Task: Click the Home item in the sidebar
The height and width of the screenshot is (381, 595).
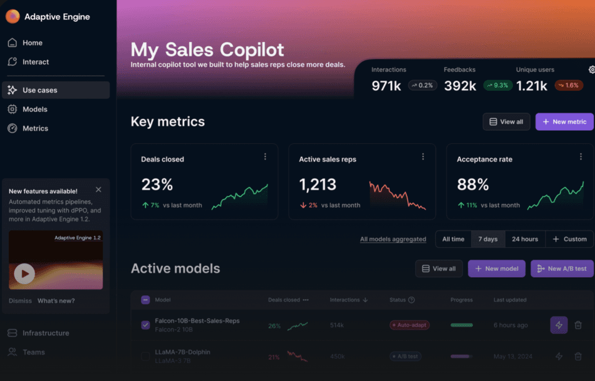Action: click(x=32, y=43)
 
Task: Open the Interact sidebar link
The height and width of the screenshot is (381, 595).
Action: click(x=35, y=62)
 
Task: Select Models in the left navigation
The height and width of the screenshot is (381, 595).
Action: click(x=34, y=109)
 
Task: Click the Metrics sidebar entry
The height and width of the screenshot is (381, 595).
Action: click(x=35, y=128)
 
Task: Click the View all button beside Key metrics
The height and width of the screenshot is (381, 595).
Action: click(x=506, y=122)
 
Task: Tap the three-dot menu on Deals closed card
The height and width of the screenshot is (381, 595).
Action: click(x=265, y=157)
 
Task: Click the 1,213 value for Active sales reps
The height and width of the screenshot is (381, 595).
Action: click(x=318, y=185)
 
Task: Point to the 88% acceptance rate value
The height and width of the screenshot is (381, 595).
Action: click(x=473, y=185)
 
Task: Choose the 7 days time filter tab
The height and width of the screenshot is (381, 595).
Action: click(x=488, y=239)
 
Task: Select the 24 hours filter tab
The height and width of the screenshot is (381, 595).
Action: click(x=525, y=239)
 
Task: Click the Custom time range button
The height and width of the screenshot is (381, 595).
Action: click(x=569, y=239)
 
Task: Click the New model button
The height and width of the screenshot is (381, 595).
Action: click(x=497, y=269)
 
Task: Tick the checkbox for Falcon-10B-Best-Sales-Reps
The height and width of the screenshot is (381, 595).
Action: click(x=145, y=325)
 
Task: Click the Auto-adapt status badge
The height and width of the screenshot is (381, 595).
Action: click(x=410, y=325)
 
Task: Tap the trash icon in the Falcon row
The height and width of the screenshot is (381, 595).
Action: click(x=578, y=325)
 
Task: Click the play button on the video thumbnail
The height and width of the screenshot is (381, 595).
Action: click(x=24, y=273)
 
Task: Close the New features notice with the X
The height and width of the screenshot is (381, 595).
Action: click(x=98, y=190)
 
